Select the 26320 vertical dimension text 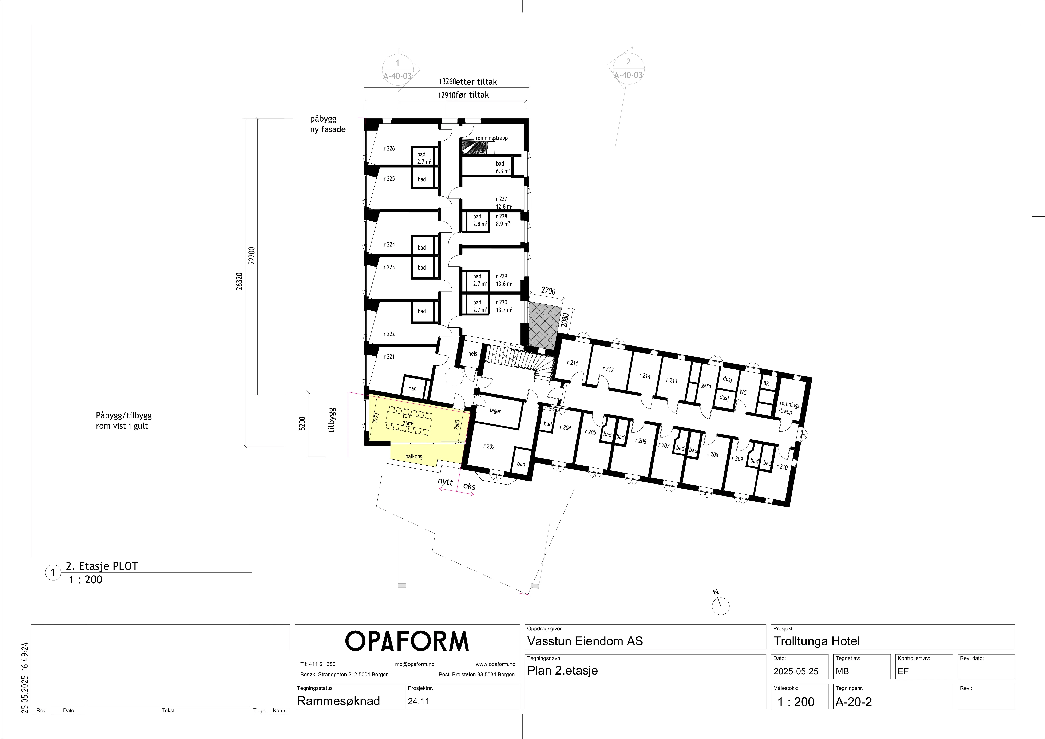tap(240, 282)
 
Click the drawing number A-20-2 tap(853, 702)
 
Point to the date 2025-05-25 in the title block tap(796, 671)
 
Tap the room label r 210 tap(782, 467)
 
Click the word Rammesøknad tap(338, 701)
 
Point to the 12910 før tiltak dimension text tap(463, 95)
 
